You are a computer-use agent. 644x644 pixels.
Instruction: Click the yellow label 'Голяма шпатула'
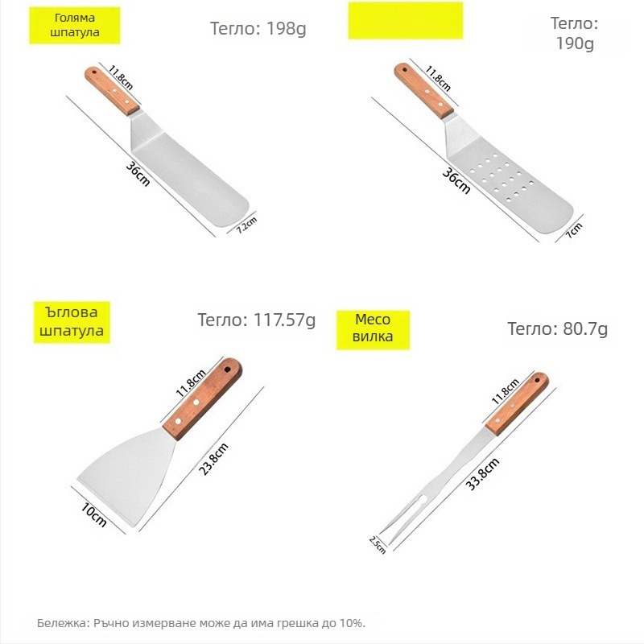[x=74, y=25]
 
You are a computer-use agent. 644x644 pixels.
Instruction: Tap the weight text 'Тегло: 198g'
[x=258, y=29]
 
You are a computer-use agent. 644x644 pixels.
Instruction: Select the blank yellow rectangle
[x=406, y=21]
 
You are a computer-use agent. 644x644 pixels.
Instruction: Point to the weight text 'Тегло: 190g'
[x=575, y=33]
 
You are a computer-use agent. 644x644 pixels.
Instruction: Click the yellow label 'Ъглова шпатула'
[x=72, y=322]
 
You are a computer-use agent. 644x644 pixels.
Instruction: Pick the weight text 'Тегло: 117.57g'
[x=257, y=320]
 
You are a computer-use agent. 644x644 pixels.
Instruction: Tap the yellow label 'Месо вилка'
[x=373, y=330]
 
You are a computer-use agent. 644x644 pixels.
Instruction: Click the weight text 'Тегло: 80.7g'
[x=557, y=328]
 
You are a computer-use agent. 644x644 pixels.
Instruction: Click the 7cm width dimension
[x=574, y=230]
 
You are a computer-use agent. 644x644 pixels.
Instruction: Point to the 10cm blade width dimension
[x=93, y=515]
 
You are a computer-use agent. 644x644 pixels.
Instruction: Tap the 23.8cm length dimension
[x=213, y=459]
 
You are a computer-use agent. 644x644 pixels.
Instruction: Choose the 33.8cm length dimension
[x=482, y=474]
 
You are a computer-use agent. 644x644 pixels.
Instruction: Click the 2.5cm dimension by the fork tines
[x=378, y=545]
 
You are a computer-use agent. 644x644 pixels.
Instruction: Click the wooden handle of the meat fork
[x=517, y=404]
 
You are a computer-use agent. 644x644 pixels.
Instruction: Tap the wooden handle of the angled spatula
[x=203, y=399]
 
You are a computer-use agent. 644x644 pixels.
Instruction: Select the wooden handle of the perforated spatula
[x=424, y=91]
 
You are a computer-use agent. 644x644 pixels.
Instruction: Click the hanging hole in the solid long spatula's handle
[x=94, y=72]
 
